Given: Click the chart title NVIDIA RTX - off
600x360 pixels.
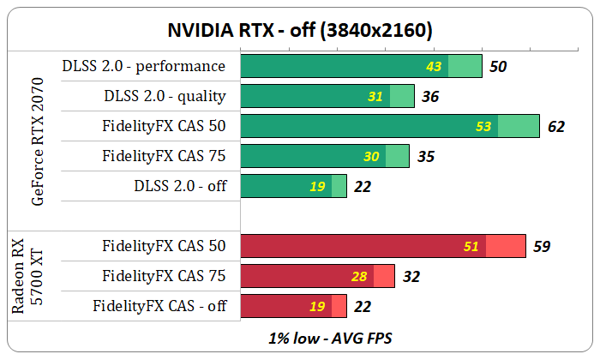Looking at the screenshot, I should [299, 31].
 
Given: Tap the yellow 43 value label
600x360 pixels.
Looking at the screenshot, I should [435, 66].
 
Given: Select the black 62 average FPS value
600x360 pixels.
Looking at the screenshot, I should [556, 127].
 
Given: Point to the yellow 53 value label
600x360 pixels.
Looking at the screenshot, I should [483, 127].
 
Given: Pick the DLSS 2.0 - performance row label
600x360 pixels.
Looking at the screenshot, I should [144, 66].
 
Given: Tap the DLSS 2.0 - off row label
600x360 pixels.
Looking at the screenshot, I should [180, 186].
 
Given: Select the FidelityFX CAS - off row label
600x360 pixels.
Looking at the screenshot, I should [159, 306].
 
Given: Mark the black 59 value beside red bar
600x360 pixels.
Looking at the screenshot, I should [541, 247].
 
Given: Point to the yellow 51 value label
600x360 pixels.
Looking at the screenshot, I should [471, 247].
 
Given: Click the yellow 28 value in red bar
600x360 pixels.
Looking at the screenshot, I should [359, 276].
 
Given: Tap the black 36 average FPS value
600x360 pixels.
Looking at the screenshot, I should [430, 97].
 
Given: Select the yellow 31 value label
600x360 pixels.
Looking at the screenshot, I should [375, 97].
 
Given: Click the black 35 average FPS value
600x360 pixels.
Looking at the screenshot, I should [426, 157].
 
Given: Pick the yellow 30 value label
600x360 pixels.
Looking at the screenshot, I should [371, 157].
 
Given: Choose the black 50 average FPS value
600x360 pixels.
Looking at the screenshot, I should [497, 66].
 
